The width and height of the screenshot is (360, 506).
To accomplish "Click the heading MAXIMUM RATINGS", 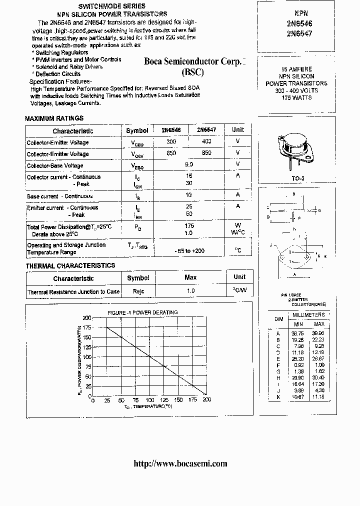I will [x=54, y=118].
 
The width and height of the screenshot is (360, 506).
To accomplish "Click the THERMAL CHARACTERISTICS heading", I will [x=70, y=265].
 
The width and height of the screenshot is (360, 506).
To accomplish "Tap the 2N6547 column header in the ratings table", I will [x=206, y=129].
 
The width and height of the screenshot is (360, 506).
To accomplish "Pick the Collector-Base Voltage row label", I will [x=55, y=165].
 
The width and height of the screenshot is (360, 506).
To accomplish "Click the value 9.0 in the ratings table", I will [x=189, y=164].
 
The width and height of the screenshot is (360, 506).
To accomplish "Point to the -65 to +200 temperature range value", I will [x=189, y=250].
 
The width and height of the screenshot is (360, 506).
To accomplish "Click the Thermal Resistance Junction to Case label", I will [x=73, y=291].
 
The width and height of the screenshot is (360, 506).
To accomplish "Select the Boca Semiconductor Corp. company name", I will [x=195, y=62].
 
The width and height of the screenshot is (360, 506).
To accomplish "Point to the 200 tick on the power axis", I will [x=87, y=318].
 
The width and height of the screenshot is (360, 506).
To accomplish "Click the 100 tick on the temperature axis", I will [x=149, y=400].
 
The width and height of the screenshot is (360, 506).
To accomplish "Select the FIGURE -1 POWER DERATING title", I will [x=142, y=312].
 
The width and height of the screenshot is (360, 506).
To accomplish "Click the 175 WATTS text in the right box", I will [x=296, y=97].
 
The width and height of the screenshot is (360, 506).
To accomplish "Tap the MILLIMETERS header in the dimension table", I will [x=308, y=315].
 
